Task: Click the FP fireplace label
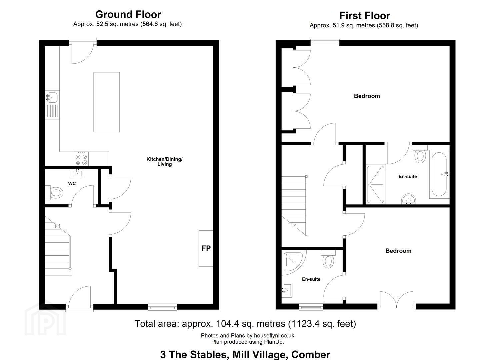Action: (206, 248)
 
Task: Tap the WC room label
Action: (72, 183)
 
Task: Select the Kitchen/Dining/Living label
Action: (164, 162)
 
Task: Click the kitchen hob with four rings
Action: (81, 159)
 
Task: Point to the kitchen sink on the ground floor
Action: (52, 105)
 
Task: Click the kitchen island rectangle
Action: (107, 102)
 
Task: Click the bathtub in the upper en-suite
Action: (439, 174)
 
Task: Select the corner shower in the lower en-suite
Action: (294, 263)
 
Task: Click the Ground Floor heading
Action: (128, 15)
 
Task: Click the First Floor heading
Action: (365, 16)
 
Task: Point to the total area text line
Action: (245, 324)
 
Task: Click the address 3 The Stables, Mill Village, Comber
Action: (245, 354)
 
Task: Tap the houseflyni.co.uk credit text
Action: (247, 335)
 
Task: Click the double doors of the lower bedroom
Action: (397, 300)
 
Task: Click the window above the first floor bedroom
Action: (325, 42)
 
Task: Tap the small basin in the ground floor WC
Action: (78, 173)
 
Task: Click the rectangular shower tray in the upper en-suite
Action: (376, 184)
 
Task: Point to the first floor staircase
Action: (294, 206)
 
